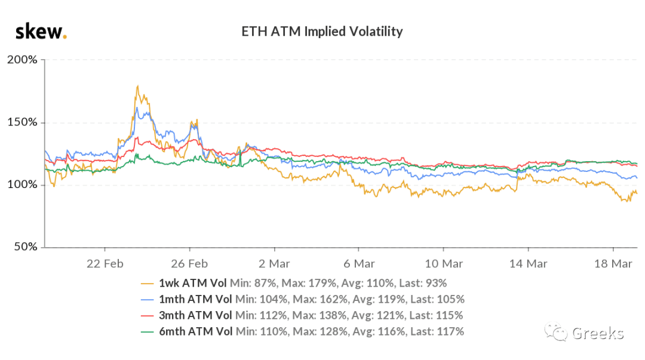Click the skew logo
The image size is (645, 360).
point(41,32)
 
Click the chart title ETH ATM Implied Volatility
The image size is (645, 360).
point(322,32)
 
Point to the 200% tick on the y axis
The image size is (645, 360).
point(22,60)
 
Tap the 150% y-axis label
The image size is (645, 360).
point(22,122)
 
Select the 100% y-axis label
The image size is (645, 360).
point(22,184)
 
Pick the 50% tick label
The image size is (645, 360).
point(26,247)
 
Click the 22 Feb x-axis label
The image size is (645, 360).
point(105,264)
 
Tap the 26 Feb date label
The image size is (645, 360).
point(190,264)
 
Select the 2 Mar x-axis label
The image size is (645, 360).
point(274,264)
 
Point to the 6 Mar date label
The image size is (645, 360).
point(359,264)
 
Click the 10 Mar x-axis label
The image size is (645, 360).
point(444,264)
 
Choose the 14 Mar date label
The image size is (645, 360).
point(529,264)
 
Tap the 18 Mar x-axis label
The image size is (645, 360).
point(613,264)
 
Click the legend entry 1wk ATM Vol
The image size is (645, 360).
point(192,283)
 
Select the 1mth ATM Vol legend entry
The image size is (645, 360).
point(195,299)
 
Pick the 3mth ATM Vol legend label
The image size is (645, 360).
point(195,315)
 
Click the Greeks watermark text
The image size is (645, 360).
point(598,333)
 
